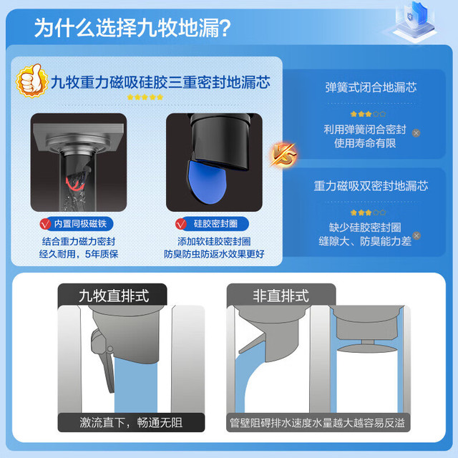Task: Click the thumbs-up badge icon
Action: [32, 81]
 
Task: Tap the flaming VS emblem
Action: [283, 155]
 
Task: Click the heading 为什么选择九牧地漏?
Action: [132, 28]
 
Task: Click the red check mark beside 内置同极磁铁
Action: [45, 224]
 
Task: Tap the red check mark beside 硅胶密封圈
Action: [181, 224]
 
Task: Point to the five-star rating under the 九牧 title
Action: [145, 97]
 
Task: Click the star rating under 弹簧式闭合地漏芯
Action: [368, 114]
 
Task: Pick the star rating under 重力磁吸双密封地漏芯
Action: [368, 213]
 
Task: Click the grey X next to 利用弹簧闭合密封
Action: [416, 133]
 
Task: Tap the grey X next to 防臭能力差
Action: [416, 235]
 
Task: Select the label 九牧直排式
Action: [114, 296]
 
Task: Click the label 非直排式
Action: [281, 296]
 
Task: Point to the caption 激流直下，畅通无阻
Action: [131, 422]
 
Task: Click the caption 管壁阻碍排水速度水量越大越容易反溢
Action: [318, 423]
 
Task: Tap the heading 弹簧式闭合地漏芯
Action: [371, 87]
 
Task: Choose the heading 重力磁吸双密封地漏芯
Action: [371, 186]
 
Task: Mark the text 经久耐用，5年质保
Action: [79, 254]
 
